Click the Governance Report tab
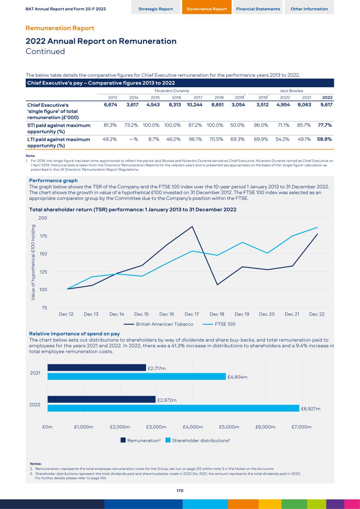coord(206,9)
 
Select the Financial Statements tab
coord(258,9)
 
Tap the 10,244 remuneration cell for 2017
coord(195,105)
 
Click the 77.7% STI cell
coord(325,125)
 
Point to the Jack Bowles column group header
coord(291,91)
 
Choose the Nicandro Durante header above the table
coord(172,91)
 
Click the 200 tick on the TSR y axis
coord(43,218)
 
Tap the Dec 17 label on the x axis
coord(192,314)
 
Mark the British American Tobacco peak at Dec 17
coord(192,226)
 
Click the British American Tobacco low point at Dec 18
coord(217,285)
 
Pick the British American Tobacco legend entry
coord(164,324)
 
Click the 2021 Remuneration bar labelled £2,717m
coord(97,368)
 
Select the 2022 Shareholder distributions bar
coord(173,408)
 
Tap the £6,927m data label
coord(311,409)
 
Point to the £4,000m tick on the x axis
coord(193,427)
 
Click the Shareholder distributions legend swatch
coord(168,440)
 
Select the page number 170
coord(180,491)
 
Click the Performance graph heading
coord(53,180)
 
